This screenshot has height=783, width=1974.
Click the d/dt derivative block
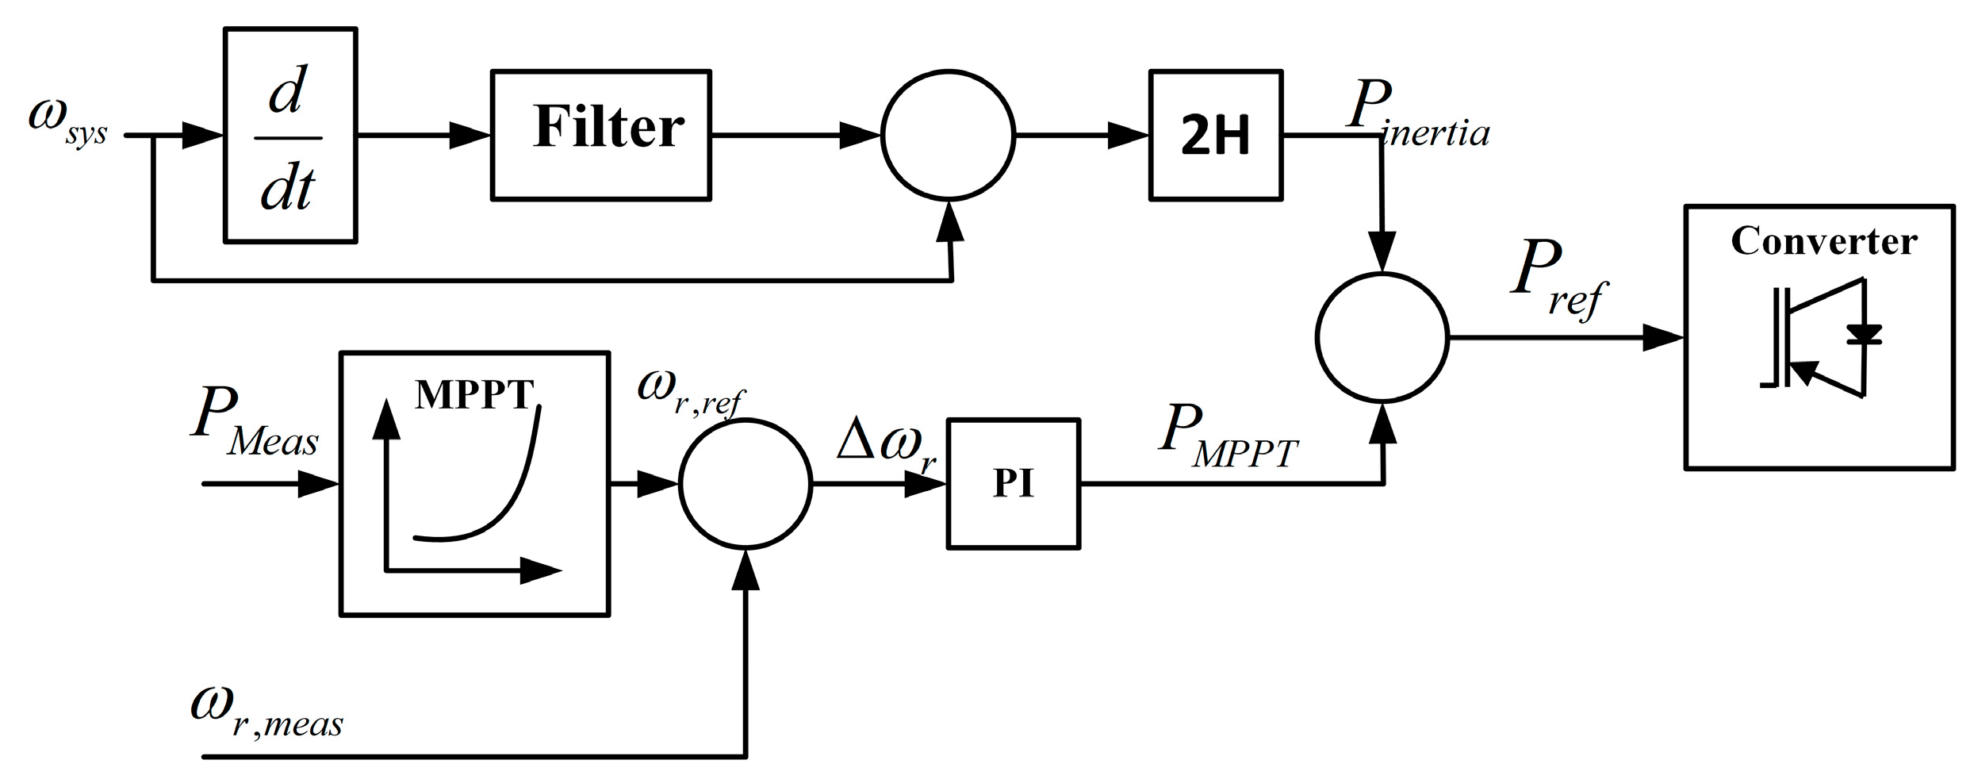tap(290, 136)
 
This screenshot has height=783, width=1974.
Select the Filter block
tap(600, 135)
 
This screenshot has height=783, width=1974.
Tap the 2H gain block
tap(1215, 135)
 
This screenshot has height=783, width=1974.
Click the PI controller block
tap(1013, 483)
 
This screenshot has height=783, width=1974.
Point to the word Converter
tap(1823, 241)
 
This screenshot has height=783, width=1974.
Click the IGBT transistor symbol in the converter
tap(1816, 338)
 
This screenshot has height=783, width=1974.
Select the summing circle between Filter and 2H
tap(948, 136)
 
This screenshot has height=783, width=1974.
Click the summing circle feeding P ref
tap(1382, 338)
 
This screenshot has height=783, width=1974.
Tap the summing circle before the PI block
tap(745, 483)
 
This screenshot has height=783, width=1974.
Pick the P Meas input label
tap(254, 424)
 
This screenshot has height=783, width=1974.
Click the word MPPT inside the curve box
tap(473, 394)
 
